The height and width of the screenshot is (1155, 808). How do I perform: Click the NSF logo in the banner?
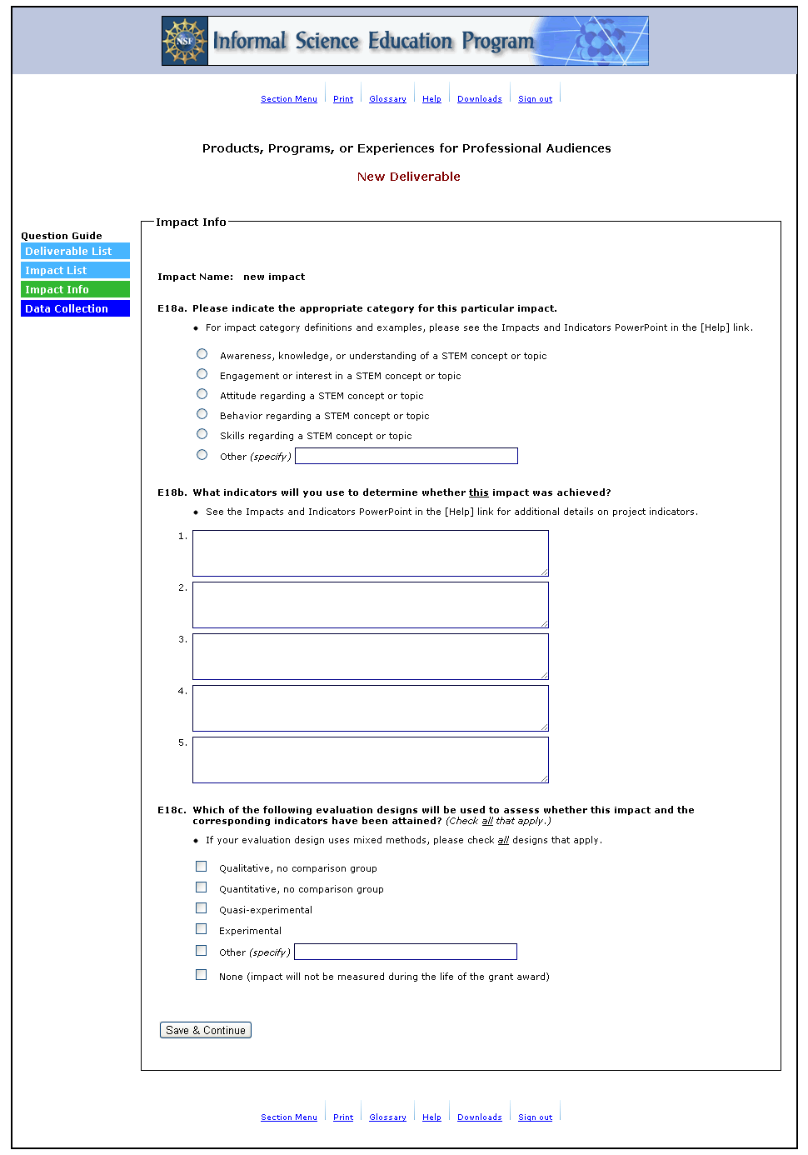184,41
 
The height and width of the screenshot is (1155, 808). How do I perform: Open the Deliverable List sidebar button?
75,252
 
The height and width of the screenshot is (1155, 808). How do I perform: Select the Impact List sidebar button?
75,271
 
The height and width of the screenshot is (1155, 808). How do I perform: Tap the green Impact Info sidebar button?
75,290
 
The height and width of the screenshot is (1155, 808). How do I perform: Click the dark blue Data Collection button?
75,309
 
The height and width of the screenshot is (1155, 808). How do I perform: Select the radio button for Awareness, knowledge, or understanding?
202,354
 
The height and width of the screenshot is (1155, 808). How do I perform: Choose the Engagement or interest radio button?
202,374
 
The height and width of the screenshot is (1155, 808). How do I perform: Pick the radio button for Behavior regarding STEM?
202,414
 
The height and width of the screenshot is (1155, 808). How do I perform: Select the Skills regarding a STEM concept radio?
202,434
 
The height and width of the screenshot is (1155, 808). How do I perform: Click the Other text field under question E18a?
406,456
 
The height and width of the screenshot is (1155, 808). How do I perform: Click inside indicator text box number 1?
370,553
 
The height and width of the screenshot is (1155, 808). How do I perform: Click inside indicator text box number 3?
370,657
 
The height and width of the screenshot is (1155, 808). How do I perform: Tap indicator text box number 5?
370,760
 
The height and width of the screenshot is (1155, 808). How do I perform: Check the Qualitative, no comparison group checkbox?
201,867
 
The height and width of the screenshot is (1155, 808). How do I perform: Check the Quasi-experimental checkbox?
201,908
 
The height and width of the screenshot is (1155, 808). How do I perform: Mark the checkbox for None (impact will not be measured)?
201,975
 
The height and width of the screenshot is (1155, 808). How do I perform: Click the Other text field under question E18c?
406,952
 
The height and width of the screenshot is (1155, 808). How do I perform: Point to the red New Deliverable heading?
408,177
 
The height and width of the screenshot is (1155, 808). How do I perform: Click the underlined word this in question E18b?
479,492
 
